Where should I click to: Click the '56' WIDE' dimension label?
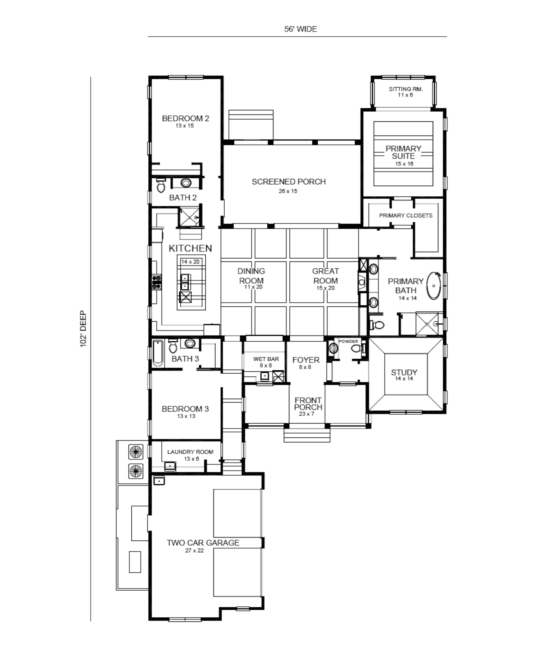(300, 29)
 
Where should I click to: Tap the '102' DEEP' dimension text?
(83, 329)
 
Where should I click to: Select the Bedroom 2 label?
(185, 118)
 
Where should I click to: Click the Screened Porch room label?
(289, 182)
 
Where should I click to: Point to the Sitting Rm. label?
(406, 89)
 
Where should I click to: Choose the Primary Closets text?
(406, 215)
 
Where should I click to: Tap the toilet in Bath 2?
(161, 185)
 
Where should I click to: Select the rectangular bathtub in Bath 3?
(158, 353)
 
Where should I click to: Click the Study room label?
(404, 372)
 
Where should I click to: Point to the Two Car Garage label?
(203, 543)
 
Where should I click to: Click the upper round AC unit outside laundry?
(135, 452)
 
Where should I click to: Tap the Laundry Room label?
(190, 452)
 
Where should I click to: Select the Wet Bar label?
(266, 359)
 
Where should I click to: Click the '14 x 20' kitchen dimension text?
(190, 262)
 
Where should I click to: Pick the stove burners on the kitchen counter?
(157, 282)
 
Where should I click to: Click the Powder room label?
(348, 341)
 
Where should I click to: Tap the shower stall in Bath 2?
(189, 217)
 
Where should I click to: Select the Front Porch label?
(308, 404)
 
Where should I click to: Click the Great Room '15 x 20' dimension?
(325, 288)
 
